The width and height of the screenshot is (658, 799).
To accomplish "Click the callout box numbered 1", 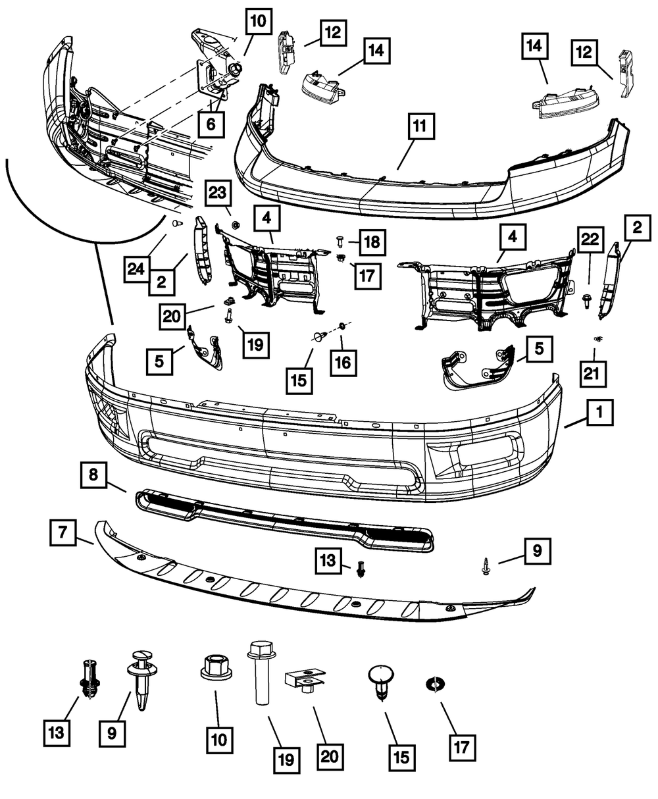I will [599, 413].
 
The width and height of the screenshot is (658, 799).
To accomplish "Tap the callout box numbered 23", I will [218, 195].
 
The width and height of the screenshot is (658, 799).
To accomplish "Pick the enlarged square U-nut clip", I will [305, 680].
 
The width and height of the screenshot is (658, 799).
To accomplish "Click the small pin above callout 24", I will [176, 224].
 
